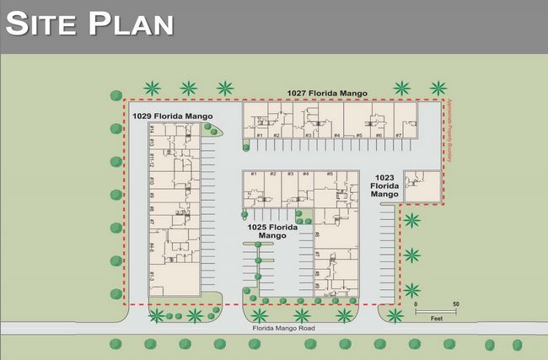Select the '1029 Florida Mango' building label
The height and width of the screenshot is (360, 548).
(172, 116)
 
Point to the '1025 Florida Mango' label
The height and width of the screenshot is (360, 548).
(272, 232)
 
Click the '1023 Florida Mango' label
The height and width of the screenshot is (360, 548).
(384, 185)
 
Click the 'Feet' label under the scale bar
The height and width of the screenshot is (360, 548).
(437, 319)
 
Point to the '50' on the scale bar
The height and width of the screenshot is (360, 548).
(456, 304)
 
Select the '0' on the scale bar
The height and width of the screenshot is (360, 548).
(416, 304)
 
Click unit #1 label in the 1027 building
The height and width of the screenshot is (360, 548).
(261, 135)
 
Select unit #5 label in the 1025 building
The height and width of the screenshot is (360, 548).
(330, 175)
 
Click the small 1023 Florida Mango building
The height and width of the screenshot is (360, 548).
(422, 186)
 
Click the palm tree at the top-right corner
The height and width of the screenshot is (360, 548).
(438, 88)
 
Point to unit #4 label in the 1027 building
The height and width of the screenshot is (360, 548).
(336, 135)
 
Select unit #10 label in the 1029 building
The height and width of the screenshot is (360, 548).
(152, 180)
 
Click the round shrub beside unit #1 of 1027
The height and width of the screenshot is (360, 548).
(245, 147)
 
